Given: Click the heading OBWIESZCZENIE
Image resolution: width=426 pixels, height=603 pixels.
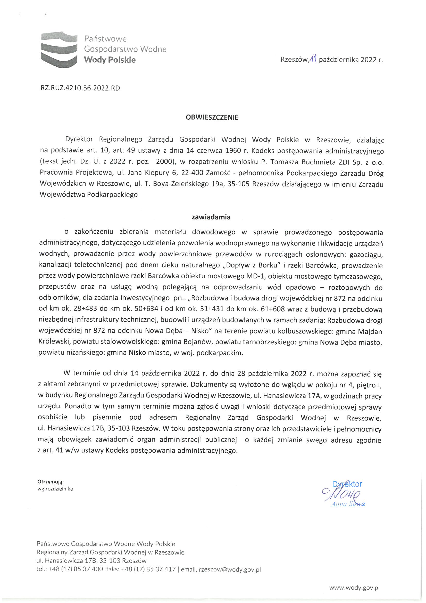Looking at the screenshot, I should tap(212, 117).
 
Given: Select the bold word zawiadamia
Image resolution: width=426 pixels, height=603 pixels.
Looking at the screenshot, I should tap(211, 217).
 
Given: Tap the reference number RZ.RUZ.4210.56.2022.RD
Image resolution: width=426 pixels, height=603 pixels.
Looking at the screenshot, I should tap(80, 88).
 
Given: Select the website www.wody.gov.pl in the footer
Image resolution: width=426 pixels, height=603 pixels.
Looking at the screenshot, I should tap(355, 588).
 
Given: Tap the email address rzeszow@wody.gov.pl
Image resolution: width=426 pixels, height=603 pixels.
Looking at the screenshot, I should tap(230, 570).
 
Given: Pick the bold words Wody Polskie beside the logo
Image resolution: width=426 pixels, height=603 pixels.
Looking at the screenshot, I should tap(110, 60).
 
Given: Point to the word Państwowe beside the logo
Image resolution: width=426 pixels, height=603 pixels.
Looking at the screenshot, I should tap(105, 39).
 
